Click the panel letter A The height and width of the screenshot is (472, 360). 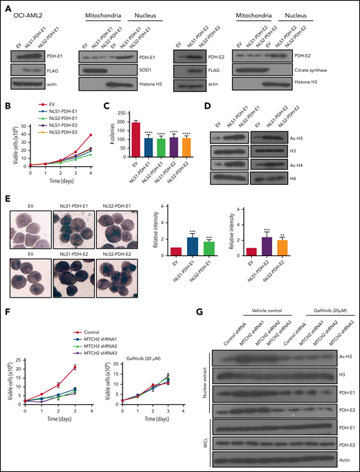pos(6,7)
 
